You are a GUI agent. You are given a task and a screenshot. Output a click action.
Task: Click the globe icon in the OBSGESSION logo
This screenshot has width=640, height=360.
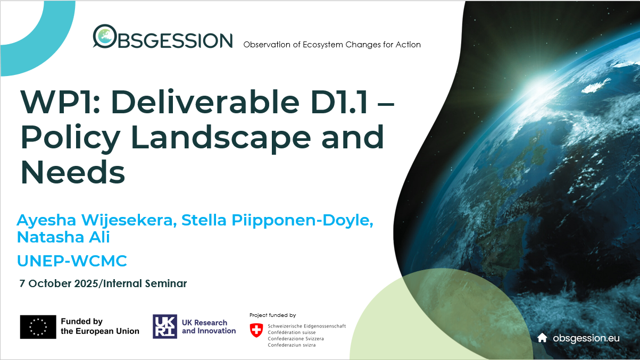pos(104,36)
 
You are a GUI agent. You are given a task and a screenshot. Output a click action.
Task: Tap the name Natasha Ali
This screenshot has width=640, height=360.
pos(63,237)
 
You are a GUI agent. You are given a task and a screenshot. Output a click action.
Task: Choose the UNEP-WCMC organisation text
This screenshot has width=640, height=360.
pos(72,261)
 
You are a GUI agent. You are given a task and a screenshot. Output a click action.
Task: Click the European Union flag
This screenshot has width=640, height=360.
pos(38,326)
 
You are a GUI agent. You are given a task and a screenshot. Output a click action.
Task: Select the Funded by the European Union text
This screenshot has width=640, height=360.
pos(99,326)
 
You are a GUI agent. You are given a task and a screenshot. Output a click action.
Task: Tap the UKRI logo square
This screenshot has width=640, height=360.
pos(165,326)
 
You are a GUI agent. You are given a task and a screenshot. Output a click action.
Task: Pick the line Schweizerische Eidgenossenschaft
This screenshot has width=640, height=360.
pos(306,325)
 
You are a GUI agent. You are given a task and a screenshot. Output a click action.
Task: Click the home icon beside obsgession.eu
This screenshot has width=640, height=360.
pos(542,338)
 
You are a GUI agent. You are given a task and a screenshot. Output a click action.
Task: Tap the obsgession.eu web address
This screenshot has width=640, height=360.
pos(586,338)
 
